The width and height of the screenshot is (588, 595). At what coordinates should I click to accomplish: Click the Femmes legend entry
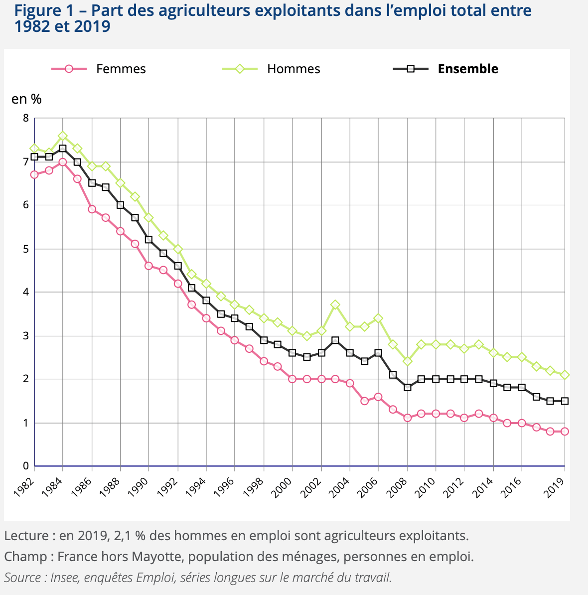[x=121, y=69]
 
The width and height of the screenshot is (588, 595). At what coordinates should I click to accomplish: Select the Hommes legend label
[x=294, y=69]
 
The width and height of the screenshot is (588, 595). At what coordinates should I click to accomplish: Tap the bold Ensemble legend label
[x=467, y=69]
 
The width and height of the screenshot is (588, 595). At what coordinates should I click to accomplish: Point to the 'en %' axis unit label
[x=26, y=99]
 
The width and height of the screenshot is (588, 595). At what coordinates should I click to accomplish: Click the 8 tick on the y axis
[x=25, y=118]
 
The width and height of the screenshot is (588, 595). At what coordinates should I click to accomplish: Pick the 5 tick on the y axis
[x=25, y=249]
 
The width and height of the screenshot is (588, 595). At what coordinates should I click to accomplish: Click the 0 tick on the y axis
[x=25, y=466]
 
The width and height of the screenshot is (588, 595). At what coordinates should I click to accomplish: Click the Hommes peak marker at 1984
[x=63, y=136]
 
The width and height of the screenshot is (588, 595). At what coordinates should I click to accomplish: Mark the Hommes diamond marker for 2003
[x=335, y=304]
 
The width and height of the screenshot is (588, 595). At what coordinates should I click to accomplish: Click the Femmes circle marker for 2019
[x=565, y=432]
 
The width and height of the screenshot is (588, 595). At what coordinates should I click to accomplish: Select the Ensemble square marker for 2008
[x=408, y=387]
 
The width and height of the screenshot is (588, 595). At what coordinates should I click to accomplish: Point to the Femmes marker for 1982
[x=34, y=174]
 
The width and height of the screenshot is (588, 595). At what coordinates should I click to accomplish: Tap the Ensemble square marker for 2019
[x=565, y=401]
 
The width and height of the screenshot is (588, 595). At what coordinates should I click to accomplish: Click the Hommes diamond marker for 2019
[x=565, y=375]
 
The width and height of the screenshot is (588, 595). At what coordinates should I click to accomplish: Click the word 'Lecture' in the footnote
[x=26, y=536]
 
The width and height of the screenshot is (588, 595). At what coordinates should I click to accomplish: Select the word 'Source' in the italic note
[x=23, y=578]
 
